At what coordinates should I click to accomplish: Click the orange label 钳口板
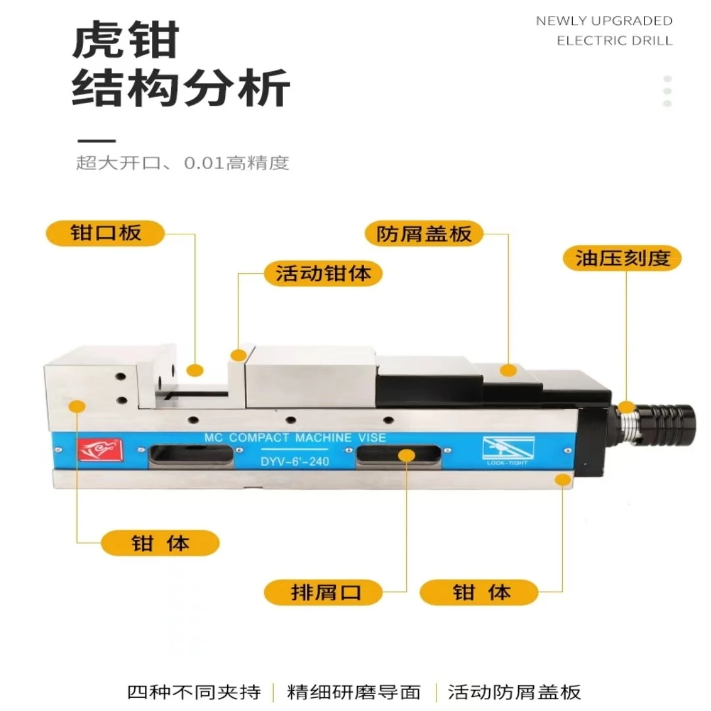point(105,234)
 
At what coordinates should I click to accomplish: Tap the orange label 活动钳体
point(323,273)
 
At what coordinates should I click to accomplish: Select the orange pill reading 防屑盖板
point(424,234)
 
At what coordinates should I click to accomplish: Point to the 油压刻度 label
point(622,259)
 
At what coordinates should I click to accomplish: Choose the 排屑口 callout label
point(323,592)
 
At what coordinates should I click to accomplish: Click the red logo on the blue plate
point(100,450)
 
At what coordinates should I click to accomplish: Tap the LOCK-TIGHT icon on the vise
point(508,451)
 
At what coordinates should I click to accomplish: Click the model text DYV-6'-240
point(295,461)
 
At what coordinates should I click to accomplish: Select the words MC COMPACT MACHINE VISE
point(295,438)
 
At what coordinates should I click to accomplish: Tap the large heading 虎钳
point(126,40)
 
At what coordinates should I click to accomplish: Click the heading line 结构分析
point(181,88)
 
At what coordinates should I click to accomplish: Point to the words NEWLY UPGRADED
point(604,21)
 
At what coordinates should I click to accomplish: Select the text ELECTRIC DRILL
point(614,41)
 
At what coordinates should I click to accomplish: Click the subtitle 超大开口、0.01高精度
point(182,163)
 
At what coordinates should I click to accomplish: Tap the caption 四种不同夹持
point(194,692)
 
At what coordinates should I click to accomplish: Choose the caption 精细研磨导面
point(354,692)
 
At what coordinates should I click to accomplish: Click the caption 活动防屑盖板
point(514,692)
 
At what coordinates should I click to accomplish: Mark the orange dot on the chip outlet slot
point(407,456)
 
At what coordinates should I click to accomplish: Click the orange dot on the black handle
point(627,408)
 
